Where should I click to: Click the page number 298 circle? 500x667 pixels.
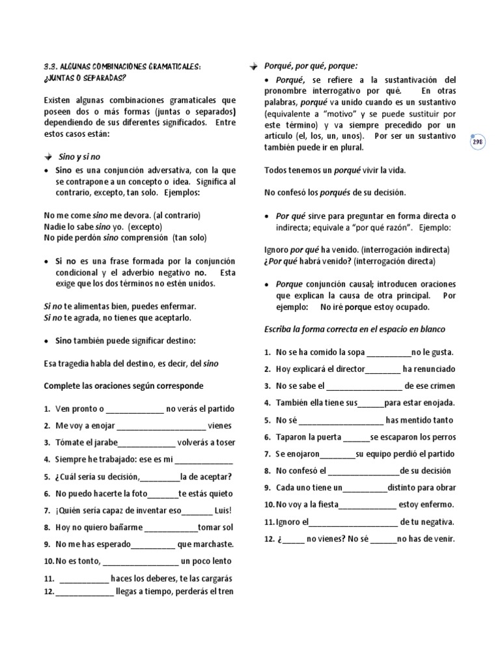pyautogui.click(x=478, y=142)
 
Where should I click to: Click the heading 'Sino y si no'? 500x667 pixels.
pyautogui.click(x=79, y=158)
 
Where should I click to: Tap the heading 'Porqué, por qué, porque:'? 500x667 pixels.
pyautogui.click(x=311, y=66)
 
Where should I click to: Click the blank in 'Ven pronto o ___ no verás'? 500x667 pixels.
pyautogui.click(x=134, y=409)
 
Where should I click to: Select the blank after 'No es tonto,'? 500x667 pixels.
pyautogui.click(x=140, y=561)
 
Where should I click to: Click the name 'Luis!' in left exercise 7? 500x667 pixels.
pyautogui.click(x=222, y=510)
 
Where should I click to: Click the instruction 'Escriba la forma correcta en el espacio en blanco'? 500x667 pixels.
pyautogui.click(x=354, y=329)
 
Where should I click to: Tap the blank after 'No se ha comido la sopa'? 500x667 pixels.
pyautogui.click(x=389, y=352)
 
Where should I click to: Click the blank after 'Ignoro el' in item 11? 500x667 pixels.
pyautogui.click(x=352, y=522)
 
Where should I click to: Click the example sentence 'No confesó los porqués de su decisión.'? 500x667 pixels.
pyautogui.click(x=335, y=193)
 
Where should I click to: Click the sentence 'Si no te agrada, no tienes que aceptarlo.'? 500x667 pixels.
pyautogui.click(x=117, y=317)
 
